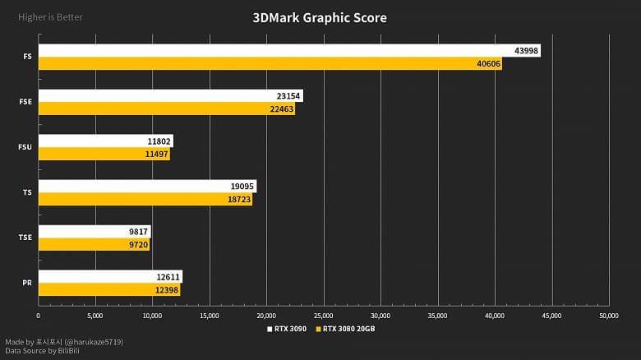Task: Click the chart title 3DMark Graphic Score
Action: (x=320, y=17)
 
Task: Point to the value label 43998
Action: (x=527, y=51)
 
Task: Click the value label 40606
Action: (x=488, y=63)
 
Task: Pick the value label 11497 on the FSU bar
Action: (x=157, y=154)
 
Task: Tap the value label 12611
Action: (x=169, y=277)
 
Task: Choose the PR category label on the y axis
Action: (x=27, y=283)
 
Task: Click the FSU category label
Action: (x=25, y=147)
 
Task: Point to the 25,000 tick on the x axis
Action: (x=324, y=315)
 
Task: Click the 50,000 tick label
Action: (x=608, y=315)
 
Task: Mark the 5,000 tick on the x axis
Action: (x=95, y=315)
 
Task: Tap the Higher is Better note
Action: (x=50, y=17)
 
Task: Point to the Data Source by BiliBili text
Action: (x=42, y=351)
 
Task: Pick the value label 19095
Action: (x=243, y=187)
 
